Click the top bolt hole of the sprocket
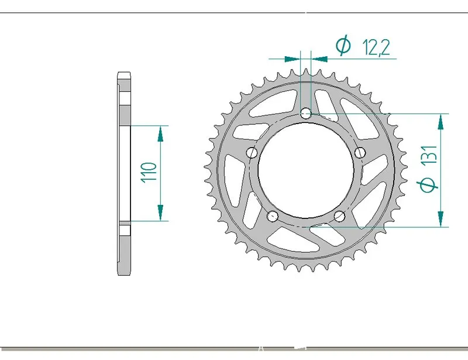(x=306, y=113)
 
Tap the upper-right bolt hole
(x=360, y=152)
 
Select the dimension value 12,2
(x=376, y=47)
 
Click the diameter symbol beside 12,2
(x=343, y=46)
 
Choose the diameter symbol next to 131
(x=429, y=185)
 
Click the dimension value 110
(x=149, y=173)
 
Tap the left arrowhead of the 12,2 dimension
(x=292, y=59)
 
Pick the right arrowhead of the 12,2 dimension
(x=319, y=59)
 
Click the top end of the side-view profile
(x=123, y=75)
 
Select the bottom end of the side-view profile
(x=123, y=273)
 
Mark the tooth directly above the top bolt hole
(x=306, y=72)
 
